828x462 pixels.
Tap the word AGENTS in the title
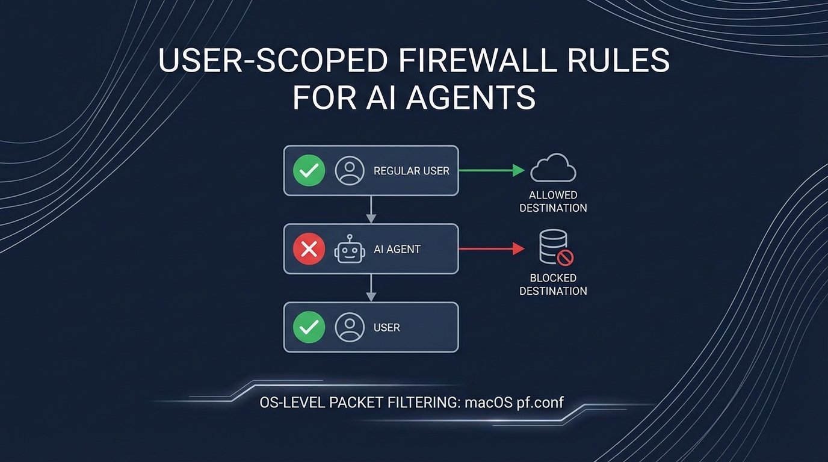(x=472, y=97)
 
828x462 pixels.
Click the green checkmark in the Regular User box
(x=309, y=170)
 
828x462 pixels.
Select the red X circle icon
(x=309, y=249)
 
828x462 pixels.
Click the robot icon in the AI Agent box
(x=350, y=249)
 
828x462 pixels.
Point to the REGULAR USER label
(x=411, y=171)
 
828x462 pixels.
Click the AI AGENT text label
(x=397, y=249)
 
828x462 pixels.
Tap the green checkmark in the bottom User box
(x=309, y=327)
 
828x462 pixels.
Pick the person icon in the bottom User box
(x=350, y=327)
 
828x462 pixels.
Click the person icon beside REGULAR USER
(x=350, y=170)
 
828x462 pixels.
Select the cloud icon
(x=553, y=168)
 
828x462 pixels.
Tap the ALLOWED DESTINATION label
(x=553, y=202)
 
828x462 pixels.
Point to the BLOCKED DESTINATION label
(x=553, y=285)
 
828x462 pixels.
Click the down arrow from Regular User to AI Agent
(x=371, y=209)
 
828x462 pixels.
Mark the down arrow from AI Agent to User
(x=371, y=288)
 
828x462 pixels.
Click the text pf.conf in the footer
(x=540, y=402)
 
